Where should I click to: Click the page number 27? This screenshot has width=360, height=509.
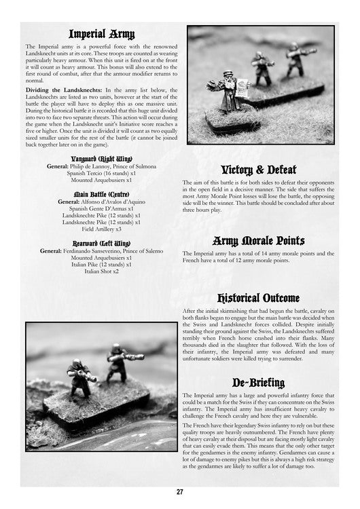[x=179, y=493]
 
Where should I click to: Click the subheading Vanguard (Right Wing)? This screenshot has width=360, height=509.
[x=101, y=159]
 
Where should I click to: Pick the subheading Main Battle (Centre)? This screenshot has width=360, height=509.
[x=101, y=194]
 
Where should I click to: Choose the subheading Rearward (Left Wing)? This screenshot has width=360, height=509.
[x=101, y=243]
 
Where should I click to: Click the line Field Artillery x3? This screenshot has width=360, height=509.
[x=101, y=229]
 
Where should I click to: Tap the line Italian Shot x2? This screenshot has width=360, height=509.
[x=101, y=271]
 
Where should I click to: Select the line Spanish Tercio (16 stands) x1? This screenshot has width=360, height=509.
[x=101, y=174]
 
